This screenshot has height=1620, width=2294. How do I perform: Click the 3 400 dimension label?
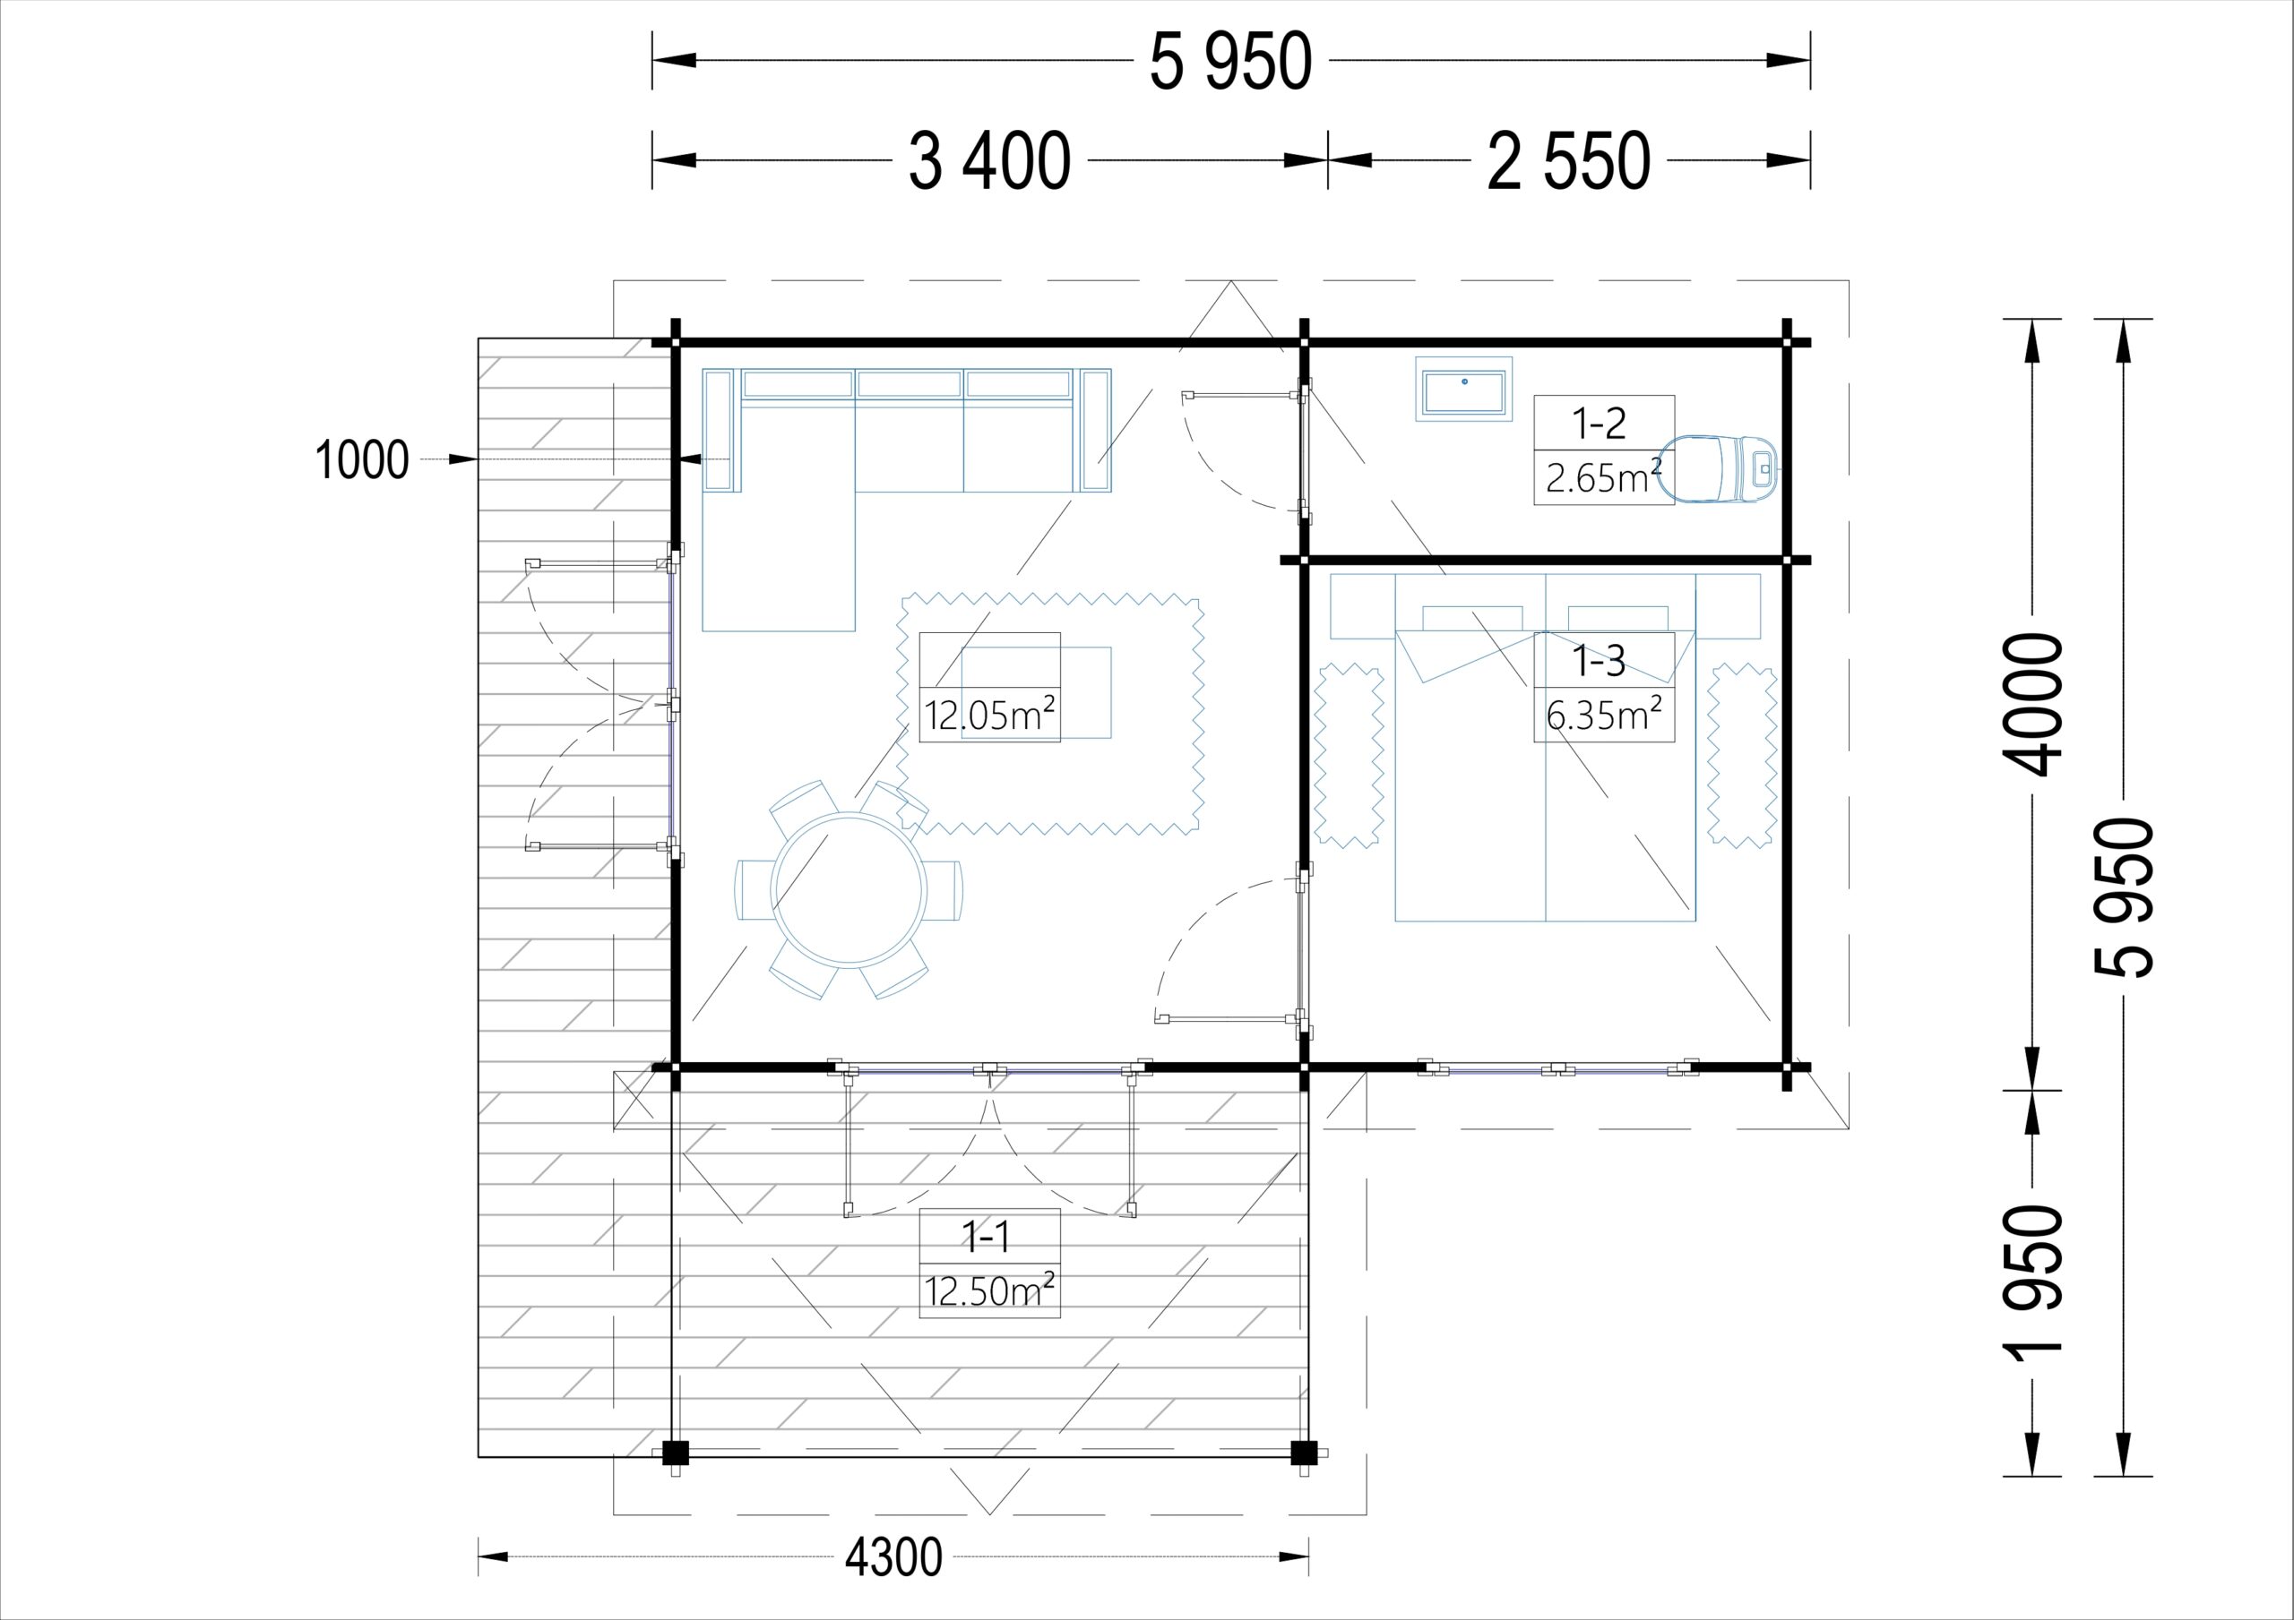tap(989, 161)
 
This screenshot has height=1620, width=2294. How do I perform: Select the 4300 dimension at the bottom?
tap(893, 1557)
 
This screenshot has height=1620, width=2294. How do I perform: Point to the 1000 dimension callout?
tap(362, 460)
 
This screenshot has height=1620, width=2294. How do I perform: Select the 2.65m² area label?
tap(1604, 477)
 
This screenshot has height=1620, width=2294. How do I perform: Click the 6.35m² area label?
tap(1604, 714)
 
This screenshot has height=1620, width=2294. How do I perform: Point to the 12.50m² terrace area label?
tap(989, 1290)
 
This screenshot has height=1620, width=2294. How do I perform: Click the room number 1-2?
tap(1600, 424)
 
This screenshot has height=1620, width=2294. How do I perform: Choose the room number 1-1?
tap(986, 1238)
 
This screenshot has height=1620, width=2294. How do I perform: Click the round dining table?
tap(849, 890)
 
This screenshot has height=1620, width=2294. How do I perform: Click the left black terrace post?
tap(676, 1453)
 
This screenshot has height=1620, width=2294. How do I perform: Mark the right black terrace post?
tap(1303, 1453)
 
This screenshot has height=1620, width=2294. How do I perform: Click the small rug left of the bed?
tap(1349, 756)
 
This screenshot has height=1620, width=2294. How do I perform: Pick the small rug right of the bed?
tap(1743, 756)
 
